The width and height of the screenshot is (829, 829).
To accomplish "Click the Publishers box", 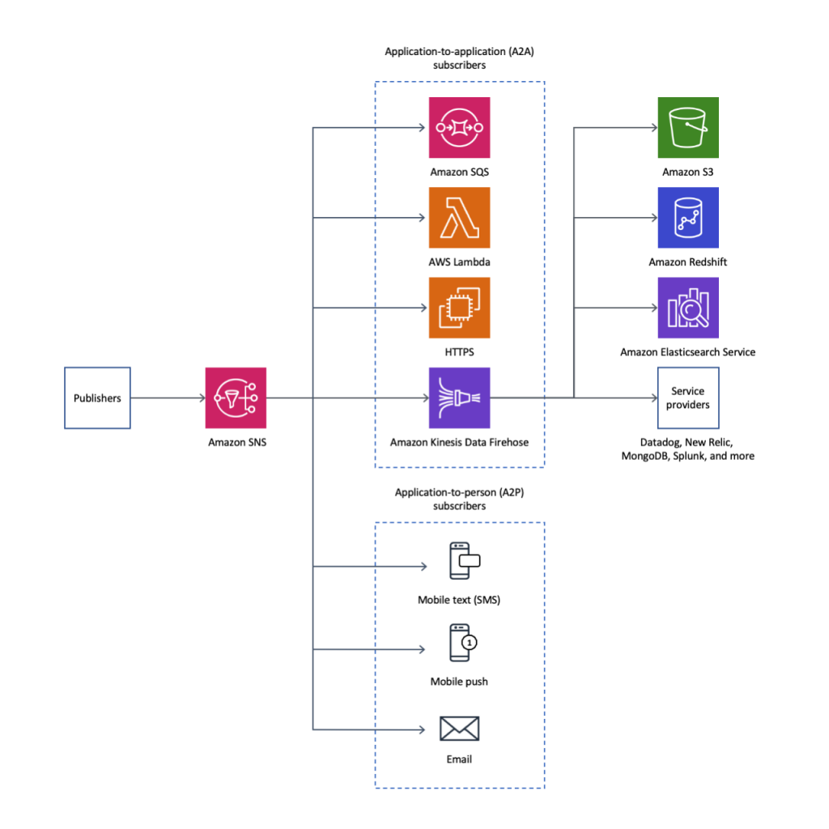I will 97,397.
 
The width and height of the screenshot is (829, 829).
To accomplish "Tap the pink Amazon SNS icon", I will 236,397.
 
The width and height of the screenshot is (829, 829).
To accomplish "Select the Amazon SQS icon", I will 459,128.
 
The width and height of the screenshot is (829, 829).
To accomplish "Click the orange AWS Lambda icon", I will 459,218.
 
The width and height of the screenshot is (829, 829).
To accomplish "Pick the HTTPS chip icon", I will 459,308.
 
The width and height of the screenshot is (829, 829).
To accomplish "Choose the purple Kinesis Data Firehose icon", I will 459,397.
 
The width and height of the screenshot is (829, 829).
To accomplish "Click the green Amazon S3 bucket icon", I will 688,128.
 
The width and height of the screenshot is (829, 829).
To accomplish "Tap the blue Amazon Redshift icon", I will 688,218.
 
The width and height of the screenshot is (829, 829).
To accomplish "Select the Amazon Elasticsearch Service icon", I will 688,308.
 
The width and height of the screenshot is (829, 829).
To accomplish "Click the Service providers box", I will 688,397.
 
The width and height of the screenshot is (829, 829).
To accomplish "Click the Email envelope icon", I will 459,729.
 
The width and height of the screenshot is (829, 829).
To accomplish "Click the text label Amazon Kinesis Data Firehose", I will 459,442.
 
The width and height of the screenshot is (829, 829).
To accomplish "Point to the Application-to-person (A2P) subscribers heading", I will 459,499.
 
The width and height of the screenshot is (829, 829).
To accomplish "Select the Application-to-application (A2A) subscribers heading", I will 459,58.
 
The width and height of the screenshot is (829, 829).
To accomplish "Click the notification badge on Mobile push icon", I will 470,642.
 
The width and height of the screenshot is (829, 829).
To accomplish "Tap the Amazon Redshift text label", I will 688,262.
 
